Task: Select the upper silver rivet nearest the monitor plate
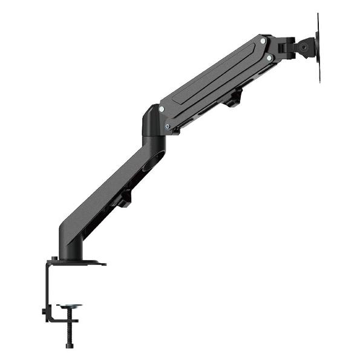pyautogui.click(x=263, y=41)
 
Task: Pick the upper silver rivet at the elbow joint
pyautogui.click(x=162, y=109)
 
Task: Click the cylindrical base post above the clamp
pyautogui.click(x=68, y=245)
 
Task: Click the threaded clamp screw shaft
pyautogui.click(x=69, y=327)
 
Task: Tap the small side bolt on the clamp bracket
pyautogui.click(x=44, y=312)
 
